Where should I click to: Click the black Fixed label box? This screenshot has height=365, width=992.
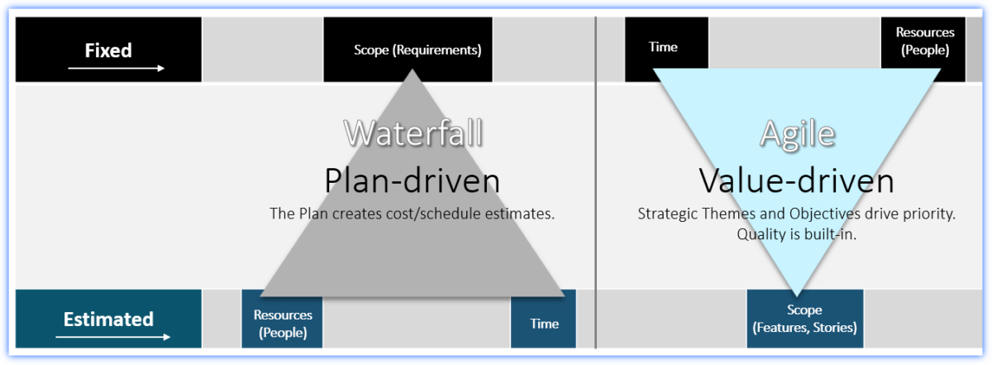tap(108, 50)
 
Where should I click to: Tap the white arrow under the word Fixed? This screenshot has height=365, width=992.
tap(116, 68)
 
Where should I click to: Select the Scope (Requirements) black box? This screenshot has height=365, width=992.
tap(417, 50)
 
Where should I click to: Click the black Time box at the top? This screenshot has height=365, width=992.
tap(665, 48)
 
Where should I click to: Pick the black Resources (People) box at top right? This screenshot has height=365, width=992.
tap(924, 41)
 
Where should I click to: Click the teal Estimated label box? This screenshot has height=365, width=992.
tap(108, 319)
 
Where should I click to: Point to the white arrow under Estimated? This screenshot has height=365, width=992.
tap(113, 337)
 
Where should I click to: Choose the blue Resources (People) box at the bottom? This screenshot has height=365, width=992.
tap(282, 324)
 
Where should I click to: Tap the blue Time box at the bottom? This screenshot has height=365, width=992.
tap(544, 324)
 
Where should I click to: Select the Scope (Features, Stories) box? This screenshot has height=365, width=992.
tap(804, 319)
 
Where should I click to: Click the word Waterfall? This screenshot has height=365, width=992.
tap(413, 132)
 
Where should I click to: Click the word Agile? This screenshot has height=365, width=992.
tap(797, 133)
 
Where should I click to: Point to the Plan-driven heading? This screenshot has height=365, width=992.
tap(413, 180)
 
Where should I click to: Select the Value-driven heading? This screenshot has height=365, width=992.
tap(796, 180)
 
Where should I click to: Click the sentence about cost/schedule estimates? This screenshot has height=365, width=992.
tap(413, 213)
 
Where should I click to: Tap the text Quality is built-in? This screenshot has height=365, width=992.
tap(796, 233)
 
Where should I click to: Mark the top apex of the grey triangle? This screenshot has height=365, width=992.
tap(412, 70)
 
